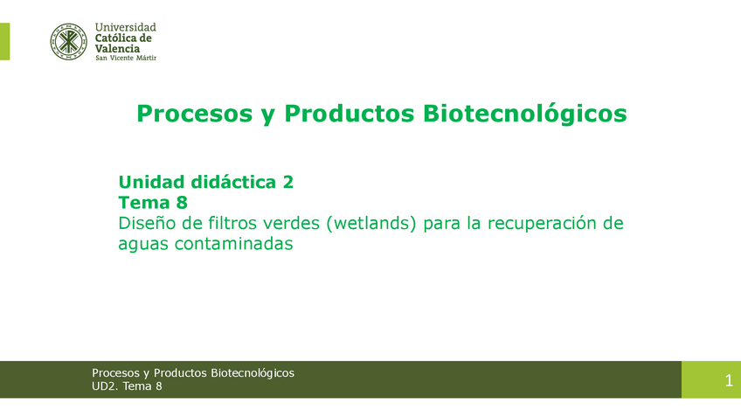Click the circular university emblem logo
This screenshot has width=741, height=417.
[68, 41]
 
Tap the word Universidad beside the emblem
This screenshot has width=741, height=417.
[125, 28]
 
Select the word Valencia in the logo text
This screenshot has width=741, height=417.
[117, 49]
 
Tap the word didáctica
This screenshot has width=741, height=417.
[233, 182]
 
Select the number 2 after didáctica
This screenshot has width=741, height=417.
[287, 182]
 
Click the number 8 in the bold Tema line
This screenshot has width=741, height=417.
[182, 203]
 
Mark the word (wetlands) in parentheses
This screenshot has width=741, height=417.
[371, 224]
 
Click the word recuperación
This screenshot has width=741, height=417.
[543, 224]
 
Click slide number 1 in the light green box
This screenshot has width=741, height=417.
[728, 380]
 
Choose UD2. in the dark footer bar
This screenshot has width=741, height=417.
[106, 386]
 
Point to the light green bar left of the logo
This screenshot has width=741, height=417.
[4, 41]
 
